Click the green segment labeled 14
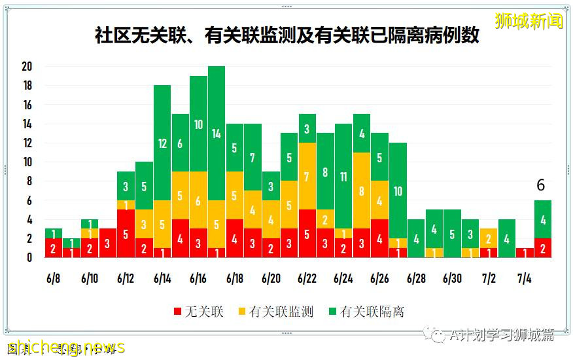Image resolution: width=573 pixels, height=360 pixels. coord(217,134)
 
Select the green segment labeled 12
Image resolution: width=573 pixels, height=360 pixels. coord(162,143)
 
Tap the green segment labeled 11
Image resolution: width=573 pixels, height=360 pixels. coord(343,176)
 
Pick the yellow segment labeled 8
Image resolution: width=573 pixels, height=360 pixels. coord(362,190)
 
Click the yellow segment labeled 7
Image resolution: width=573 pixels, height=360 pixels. coord(307,177)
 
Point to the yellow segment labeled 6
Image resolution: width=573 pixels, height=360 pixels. coord(199,200)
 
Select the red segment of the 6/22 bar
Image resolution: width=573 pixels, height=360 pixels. coord(307,234)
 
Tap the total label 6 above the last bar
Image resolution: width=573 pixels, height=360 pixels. coord(540,186)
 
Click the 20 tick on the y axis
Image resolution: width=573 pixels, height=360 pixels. coord(27,67)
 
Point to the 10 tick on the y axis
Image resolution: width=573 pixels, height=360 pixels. coord(27,162)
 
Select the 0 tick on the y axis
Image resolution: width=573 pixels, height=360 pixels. coord(29,258)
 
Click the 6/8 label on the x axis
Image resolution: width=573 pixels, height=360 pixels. coord(54,278)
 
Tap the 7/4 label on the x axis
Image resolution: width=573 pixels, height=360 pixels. coord(525,278)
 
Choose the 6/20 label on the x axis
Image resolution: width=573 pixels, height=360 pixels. coord(271,278)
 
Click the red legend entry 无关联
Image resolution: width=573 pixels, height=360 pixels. coord(199,312)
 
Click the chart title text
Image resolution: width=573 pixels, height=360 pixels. coord(286,35)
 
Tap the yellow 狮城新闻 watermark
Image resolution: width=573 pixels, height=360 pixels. coord(529,21)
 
